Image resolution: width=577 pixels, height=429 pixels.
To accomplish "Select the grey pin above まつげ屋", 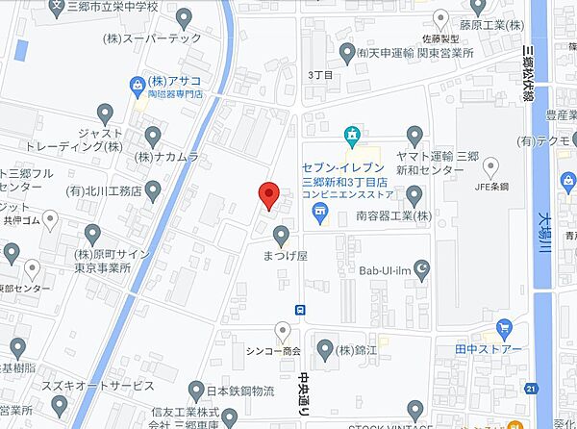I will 282,234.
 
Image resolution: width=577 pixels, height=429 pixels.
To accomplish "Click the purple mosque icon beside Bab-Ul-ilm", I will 418,267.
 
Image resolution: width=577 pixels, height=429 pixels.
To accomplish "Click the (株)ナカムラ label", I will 166,156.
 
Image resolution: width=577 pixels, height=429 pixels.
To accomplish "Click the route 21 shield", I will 531,388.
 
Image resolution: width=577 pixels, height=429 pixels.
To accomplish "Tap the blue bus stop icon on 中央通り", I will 301,309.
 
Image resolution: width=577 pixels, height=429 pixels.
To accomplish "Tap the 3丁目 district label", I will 318,73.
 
